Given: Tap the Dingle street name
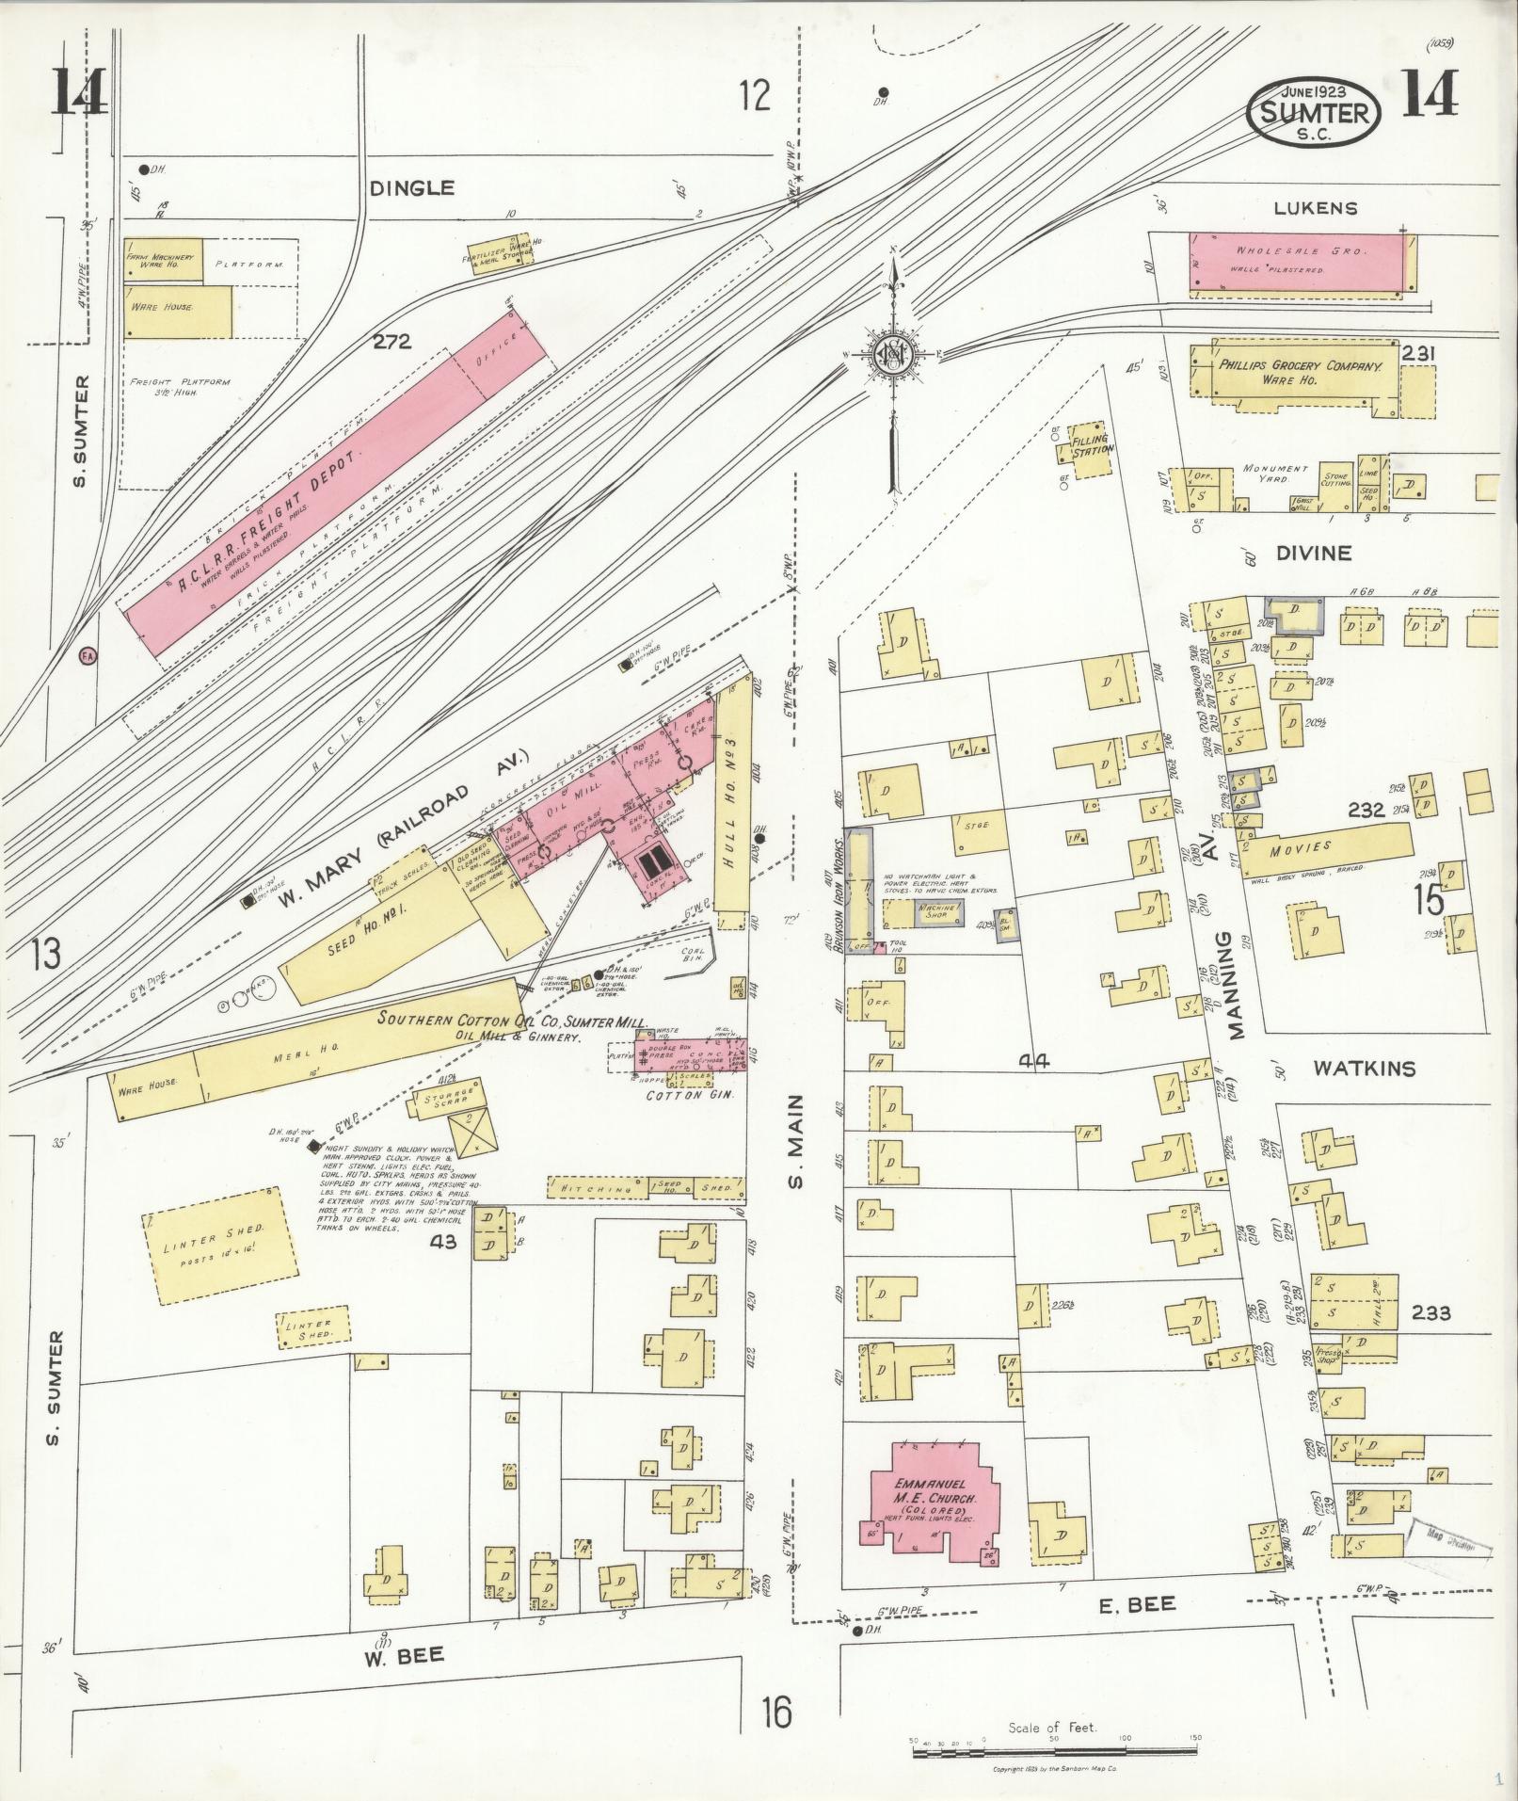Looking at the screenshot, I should (x=411, y=188).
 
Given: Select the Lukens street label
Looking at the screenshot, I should (x=1316, y=209).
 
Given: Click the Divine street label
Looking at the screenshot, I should (x=1314, y=554).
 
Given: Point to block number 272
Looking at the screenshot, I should (x=391, y=342).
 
